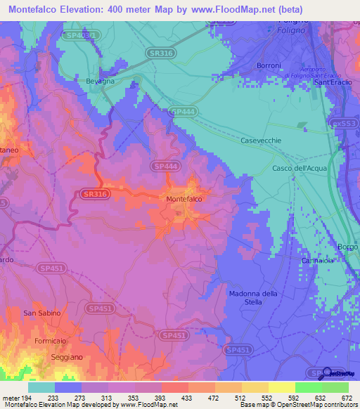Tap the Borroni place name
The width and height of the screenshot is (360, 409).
point(269,66)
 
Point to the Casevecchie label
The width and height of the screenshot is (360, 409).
point(261,141)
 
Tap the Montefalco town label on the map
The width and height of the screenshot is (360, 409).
point(185,200)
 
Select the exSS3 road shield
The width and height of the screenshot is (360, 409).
point(345,123)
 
